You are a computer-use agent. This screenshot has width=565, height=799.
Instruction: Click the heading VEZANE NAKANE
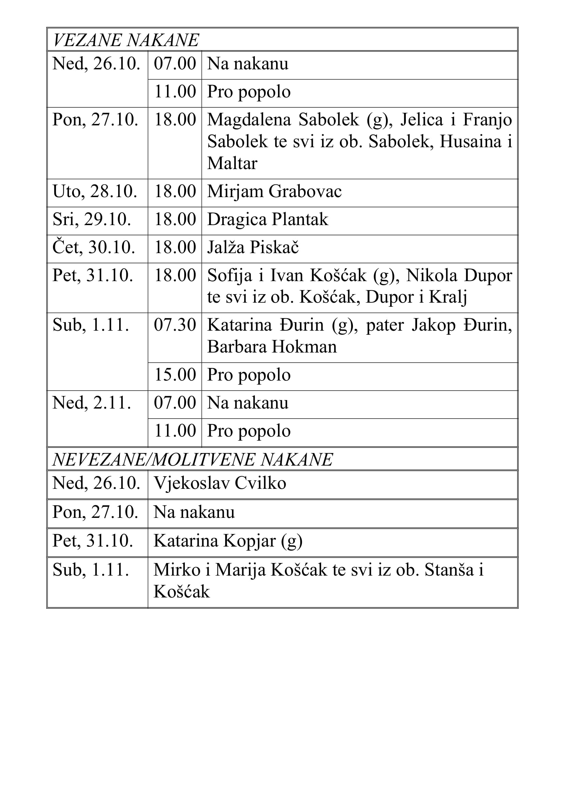[126, 40]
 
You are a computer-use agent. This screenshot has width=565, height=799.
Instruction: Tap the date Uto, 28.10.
[95, 191]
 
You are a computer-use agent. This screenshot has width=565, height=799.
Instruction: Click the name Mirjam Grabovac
[274, 191]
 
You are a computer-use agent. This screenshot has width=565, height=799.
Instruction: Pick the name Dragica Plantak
[267, 219]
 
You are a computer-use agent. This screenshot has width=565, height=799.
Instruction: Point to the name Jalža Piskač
[252, 247]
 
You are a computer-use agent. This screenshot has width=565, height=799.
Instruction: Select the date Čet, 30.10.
[94, 247]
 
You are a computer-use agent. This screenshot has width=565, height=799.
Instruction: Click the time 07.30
[175, 325]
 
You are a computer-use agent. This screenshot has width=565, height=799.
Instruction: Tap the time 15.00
[175, 375]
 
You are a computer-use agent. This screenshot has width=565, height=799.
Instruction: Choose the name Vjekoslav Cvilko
[220, 483]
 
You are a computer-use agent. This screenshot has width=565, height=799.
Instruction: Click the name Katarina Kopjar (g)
[228, 541]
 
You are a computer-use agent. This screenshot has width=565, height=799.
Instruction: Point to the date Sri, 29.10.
[92, 219]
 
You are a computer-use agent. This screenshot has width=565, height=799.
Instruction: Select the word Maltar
[232, 163]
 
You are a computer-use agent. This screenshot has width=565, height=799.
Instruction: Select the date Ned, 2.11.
[92, 403]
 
